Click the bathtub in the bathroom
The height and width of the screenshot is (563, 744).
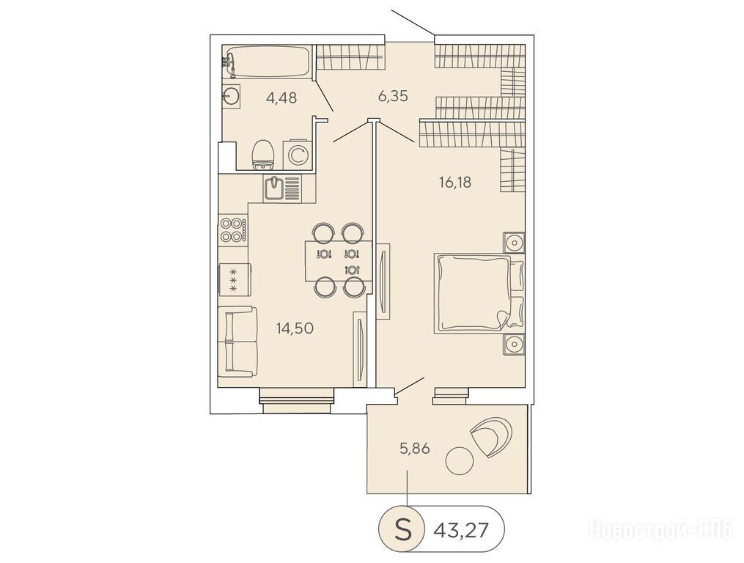266,62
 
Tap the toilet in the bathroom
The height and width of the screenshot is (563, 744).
263,155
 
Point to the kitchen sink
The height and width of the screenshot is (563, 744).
283,188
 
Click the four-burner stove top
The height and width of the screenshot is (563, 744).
233,230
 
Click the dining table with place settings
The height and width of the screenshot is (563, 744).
337,261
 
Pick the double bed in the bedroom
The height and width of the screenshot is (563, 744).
478,292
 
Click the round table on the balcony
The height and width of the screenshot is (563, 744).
459,460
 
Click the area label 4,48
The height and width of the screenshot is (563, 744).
281,98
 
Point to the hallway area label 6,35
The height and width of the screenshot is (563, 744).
394,96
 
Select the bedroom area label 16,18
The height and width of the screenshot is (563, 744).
455,182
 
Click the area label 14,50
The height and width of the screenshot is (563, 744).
295,328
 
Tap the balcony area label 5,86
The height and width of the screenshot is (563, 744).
415,448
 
